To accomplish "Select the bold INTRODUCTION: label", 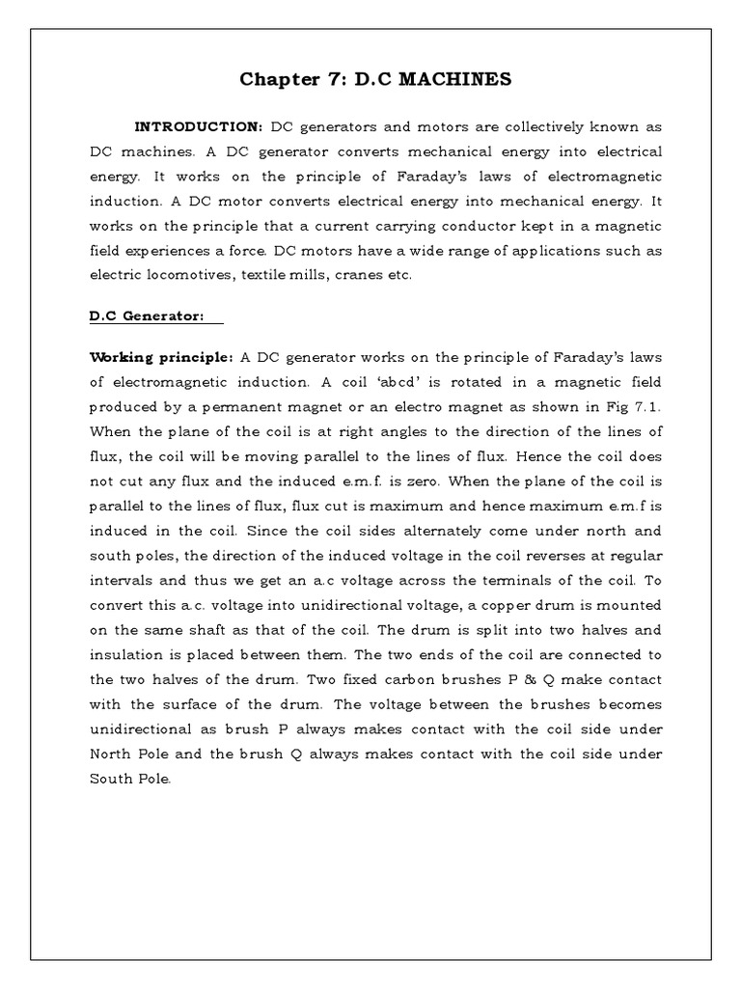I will click(199, 126).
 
